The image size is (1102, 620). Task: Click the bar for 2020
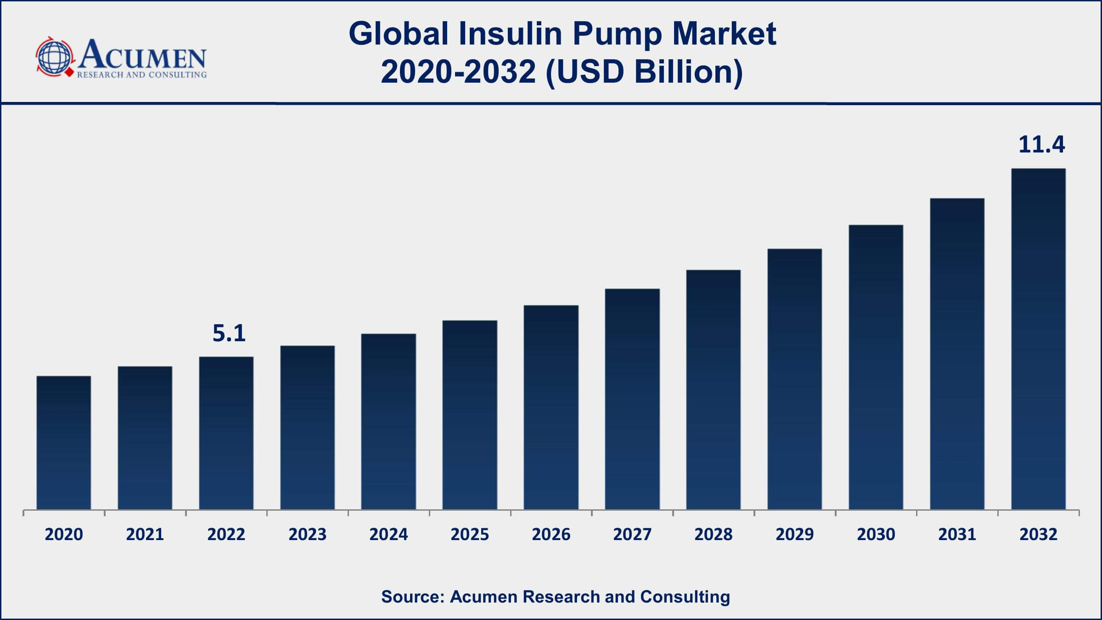(x=64, y=443)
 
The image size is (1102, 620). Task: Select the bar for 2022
(x=226, y=433)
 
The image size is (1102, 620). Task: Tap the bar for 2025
(x=470, y=415)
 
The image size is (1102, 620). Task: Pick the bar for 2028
(x=714, y=390)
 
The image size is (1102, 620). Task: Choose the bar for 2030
(x=876, y=367)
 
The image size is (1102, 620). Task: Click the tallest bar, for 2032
(x=1039, y=339)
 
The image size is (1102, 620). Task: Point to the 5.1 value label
(x=229, y=333)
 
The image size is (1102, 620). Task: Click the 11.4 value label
(x=1042, y=144)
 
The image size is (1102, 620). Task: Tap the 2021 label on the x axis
(x=145, y=534)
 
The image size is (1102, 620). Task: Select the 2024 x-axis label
(x=388, y=534)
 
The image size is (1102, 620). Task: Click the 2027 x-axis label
(x=632, y=534)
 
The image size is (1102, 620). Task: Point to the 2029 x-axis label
(x=795, y=534)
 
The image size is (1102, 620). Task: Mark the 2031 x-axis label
(x=957, y=534)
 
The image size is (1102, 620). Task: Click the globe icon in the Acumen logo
(x=55, y=57)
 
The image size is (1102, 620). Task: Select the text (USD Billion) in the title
(x=644, y=72)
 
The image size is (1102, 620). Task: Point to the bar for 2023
(x=308, y=428)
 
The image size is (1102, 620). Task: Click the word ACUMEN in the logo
(x=142, y=55)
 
